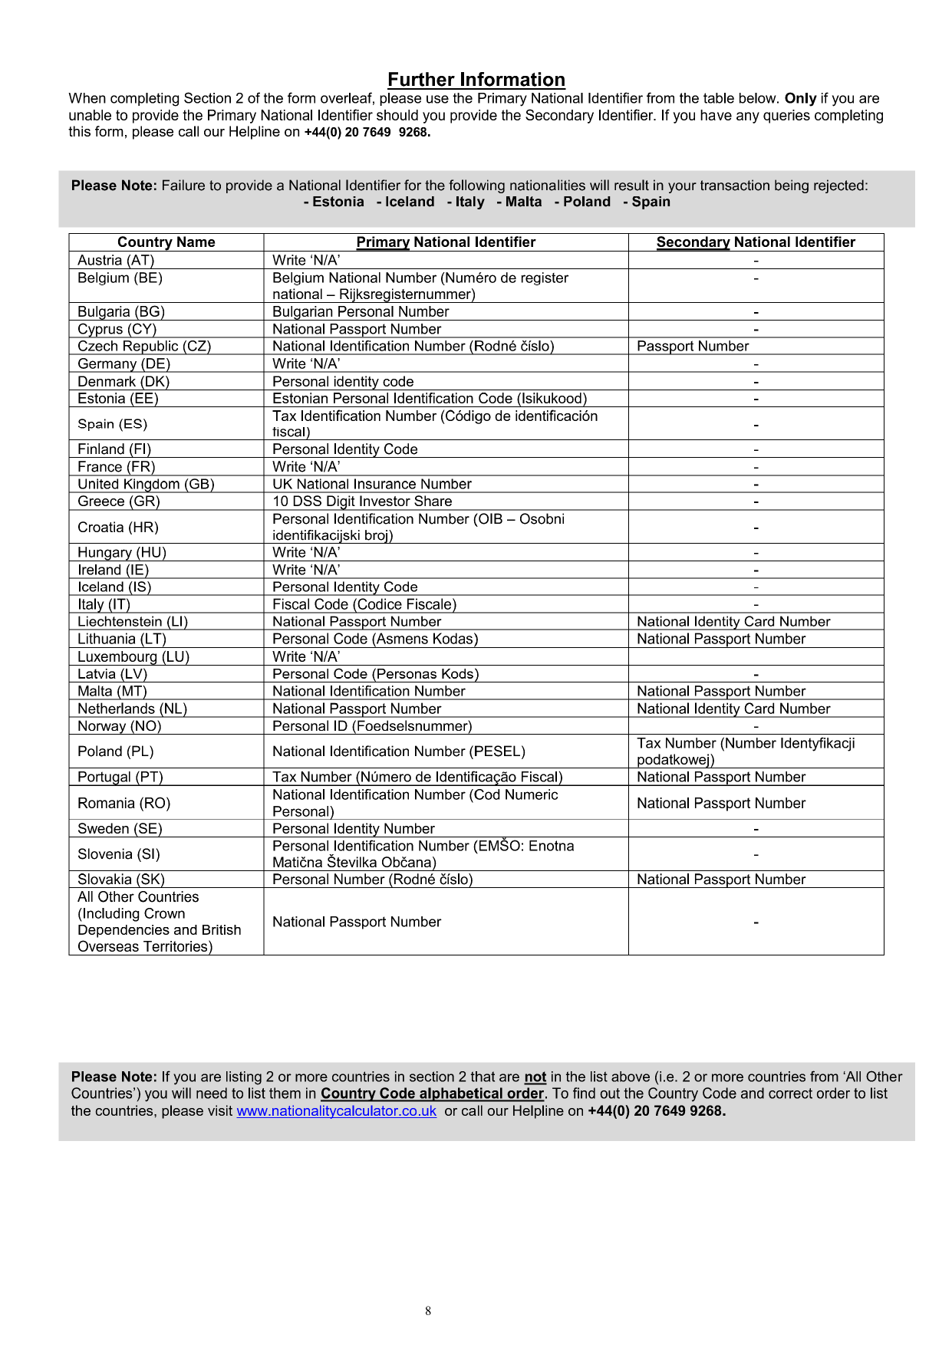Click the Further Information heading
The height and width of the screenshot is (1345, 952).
(x=476, y=80)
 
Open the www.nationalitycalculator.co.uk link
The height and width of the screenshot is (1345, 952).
(x=336, y=1111)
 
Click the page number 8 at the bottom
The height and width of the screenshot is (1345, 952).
(x=428, y=1311)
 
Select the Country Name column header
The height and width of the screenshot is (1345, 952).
(x=166, y=242)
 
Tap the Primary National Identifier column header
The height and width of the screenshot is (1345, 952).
(x=446, y=242)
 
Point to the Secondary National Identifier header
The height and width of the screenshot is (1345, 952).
(x=756, y=242)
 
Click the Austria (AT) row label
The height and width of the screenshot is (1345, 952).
(x=116, y=261)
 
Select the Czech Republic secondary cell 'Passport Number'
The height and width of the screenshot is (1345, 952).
(x=693, y=347)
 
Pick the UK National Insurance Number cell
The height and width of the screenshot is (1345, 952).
(x=372, y=485)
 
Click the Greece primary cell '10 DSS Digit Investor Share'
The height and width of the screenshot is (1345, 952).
(x=362, y=501)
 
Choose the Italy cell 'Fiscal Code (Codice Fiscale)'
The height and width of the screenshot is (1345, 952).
(x=364, y=605)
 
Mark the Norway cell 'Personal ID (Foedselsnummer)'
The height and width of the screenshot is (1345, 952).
(x=372, y=726)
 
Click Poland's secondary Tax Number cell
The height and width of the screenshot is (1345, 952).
(x=746, y=751)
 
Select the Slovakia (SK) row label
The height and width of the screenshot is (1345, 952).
(x=121, y=880)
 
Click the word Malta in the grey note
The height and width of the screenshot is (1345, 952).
(x=523, y=202)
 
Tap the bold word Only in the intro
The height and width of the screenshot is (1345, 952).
(x=800, y=99)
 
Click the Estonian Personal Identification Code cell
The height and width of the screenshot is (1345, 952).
(x=430, y=399)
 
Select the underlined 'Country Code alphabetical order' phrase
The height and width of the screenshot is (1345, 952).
(x=432, y=1094)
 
